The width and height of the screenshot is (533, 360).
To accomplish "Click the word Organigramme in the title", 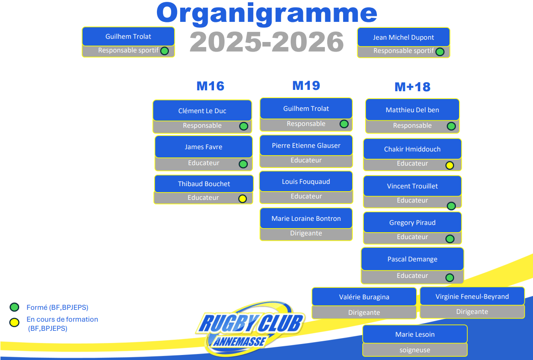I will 266,14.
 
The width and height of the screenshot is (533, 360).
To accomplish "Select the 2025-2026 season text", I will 266,42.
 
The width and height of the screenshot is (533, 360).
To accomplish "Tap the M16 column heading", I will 210,86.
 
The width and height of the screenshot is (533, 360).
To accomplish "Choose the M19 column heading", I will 306,85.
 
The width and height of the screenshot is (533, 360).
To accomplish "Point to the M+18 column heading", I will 413,87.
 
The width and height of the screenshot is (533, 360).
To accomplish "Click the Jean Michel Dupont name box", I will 403,37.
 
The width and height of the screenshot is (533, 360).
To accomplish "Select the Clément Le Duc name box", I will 202,111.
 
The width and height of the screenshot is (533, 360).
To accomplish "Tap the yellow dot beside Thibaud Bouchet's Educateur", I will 242,198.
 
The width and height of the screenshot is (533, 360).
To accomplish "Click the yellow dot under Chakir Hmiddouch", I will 449,165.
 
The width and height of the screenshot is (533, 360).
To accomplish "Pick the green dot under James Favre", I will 243,164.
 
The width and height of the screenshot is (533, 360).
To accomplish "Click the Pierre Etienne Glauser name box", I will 306,146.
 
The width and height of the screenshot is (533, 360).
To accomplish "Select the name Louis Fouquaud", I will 306,182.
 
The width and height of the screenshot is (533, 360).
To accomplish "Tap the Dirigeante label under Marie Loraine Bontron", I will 306,233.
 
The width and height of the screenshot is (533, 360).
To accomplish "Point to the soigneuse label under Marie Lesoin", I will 415,350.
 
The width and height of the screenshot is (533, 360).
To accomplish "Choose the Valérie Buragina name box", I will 364,297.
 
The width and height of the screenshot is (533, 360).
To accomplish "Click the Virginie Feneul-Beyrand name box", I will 472,297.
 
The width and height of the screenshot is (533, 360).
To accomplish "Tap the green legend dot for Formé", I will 15,307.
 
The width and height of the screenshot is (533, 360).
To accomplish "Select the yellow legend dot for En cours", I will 15,322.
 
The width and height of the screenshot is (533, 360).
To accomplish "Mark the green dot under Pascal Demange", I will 449,277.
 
